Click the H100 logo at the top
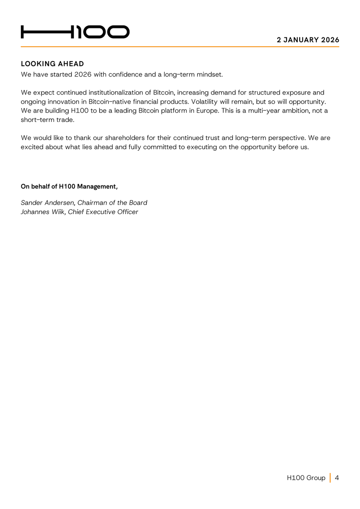pos(75,32)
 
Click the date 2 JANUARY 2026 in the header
pos(308,40)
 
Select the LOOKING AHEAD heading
pos(52,64)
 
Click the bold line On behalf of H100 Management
pos(69,186)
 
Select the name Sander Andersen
pos(48,203)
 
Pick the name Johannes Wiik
pos(42,212)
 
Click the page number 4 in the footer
pos(337,478)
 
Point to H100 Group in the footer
pos(306,478)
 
